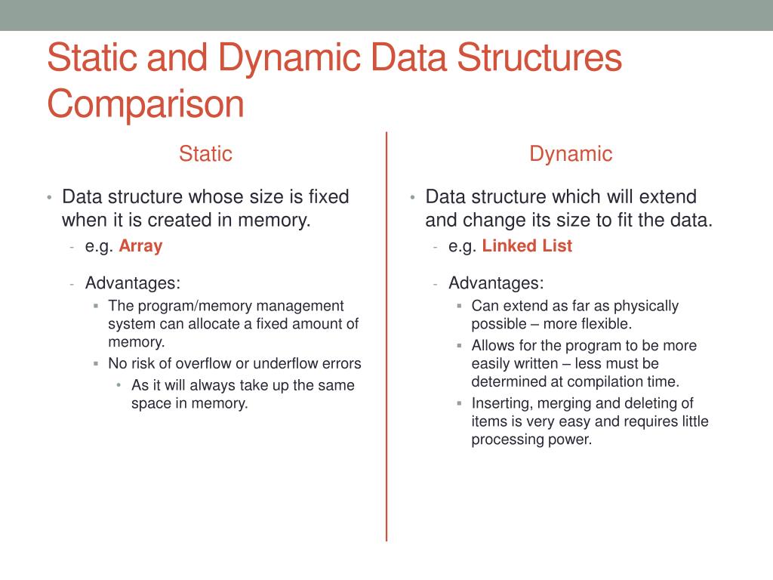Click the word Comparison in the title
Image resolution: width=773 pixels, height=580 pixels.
tap(146, 104)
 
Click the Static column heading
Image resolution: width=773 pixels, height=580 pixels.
tap(205, 154)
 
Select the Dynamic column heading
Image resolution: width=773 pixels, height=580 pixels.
tap(571, 154)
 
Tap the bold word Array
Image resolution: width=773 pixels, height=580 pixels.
tap(140, 246)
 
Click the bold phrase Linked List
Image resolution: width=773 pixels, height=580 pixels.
tap(527, 246)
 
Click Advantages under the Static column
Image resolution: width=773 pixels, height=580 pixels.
tap(133, 283)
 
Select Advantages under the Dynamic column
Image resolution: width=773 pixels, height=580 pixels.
tap(496, 283)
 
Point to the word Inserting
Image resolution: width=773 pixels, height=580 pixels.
tap(502, 403)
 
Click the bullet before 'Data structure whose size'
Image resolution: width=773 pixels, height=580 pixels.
tap(48, 198)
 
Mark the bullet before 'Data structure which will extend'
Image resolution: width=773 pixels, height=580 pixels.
tap(412, 198)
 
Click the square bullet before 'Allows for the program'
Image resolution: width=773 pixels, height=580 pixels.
tap(459, 345)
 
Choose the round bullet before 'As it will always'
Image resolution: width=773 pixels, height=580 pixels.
tap(119, 385)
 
